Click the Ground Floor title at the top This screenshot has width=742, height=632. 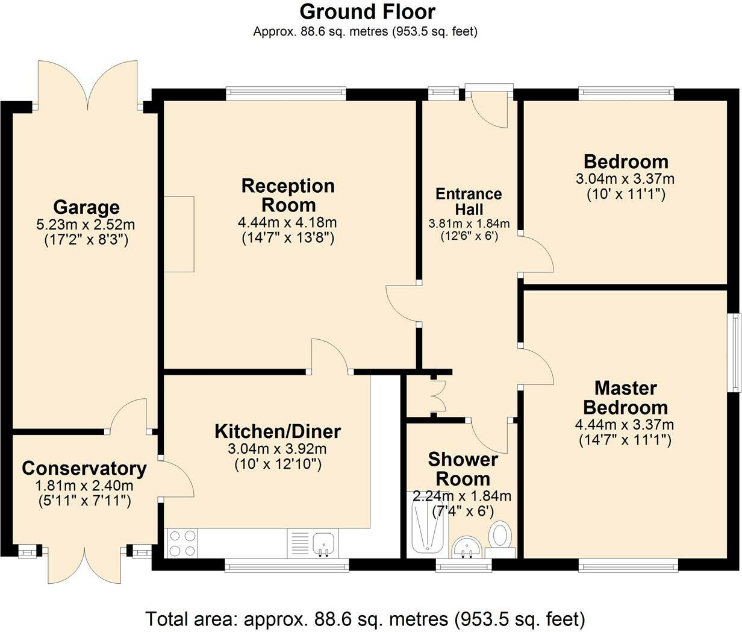[x=367, y=11]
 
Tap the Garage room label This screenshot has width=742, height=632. [x=86, y=207]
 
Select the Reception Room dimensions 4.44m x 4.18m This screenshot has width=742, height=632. [x=287, y=223]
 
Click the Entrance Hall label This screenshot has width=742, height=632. [x=469, y=201]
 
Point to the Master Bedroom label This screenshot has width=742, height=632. [x=625, y=397]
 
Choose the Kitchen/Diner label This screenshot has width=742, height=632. [x=278, y=431]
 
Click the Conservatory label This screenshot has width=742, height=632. [x=84, y=468]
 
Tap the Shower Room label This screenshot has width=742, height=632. [x=463, y=469]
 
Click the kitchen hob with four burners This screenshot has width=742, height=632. [x=181, y=542]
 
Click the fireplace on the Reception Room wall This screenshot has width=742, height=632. [x=179, y=234]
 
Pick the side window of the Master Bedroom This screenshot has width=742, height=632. [x=735, y=352]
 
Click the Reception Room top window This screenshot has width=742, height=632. [x=286, y=93]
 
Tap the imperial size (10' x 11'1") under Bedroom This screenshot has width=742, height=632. [x=625, y=194]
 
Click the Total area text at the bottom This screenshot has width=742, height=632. [x=365, y=618]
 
